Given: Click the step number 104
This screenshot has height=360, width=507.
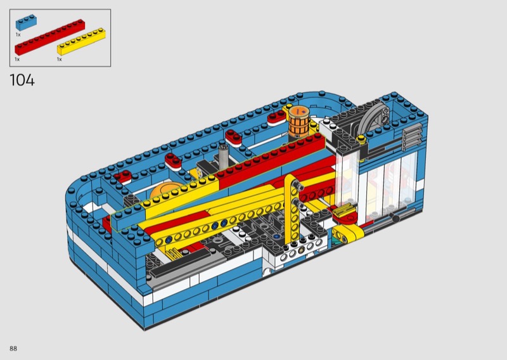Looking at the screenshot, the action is tap(22, 80).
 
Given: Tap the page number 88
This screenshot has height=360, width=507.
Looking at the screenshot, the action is tap(13, 349).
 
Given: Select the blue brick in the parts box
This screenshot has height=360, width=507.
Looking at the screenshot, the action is tap(26, 22).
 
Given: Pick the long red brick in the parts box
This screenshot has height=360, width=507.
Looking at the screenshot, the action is tap(50, 37).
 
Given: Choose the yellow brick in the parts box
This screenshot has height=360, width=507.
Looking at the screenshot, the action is tap(81, 41).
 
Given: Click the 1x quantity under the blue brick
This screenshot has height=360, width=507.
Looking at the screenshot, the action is tap(18, 34).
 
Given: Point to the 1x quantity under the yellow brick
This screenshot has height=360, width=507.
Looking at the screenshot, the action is tap(60, 59).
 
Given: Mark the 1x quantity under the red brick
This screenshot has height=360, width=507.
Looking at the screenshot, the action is tap(17, 59).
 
